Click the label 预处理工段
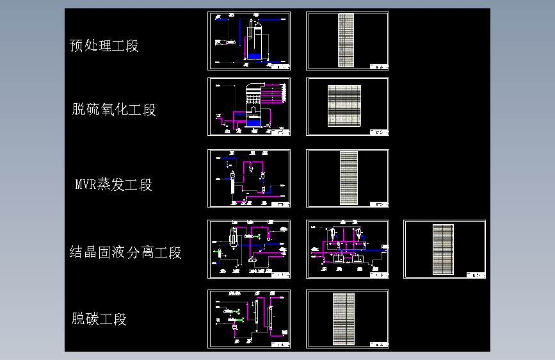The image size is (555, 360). pos(104,46)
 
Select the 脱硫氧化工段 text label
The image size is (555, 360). pos(114,110)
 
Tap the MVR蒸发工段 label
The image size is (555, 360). pos(114,185)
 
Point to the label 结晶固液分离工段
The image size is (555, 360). pos(125,252)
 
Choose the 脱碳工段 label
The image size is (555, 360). pos(99,319)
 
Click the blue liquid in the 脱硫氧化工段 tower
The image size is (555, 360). pos(253,121)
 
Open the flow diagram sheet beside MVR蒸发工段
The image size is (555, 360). pos(249,179)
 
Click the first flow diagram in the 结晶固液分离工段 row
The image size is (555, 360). pos(249,249)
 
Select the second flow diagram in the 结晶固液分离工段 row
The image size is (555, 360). pos(348,249)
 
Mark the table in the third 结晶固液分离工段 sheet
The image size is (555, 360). pos(443,249)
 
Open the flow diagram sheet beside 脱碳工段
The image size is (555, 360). pos(249,319)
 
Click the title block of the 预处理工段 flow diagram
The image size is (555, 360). pos(280,66)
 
